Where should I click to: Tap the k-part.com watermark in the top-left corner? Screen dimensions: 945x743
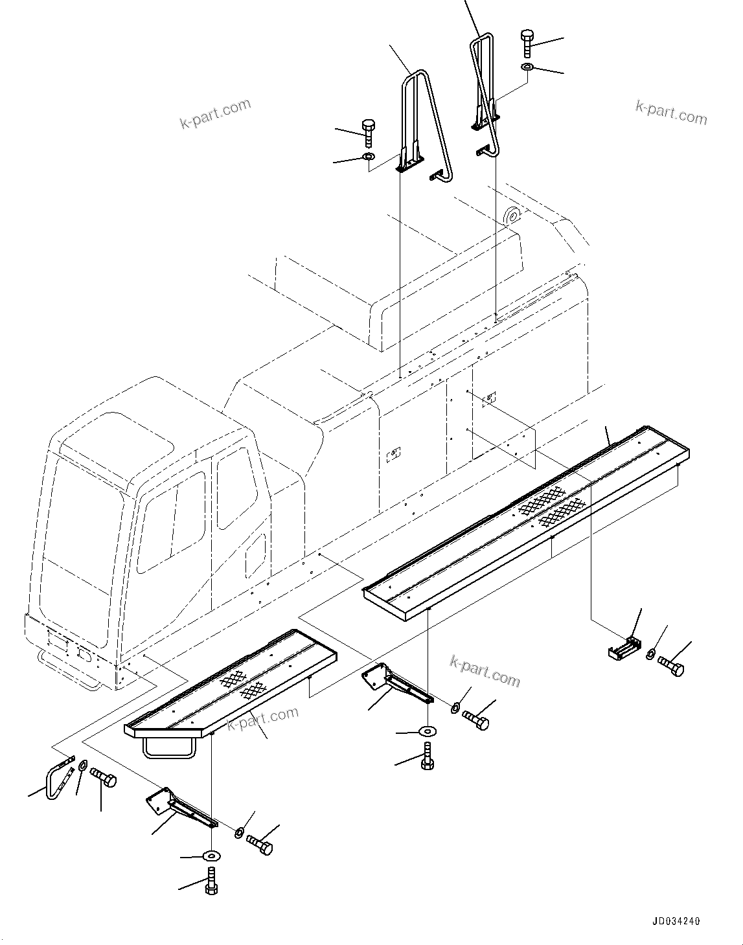215,114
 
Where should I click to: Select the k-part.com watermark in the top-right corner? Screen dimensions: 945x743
671,111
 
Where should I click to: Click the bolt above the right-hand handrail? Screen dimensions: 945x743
527,43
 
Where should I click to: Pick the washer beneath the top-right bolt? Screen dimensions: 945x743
527,67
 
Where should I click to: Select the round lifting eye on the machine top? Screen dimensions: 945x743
513,215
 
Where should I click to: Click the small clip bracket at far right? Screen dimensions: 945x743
623,649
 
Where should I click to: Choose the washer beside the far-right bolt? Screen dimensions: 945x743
650,654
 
